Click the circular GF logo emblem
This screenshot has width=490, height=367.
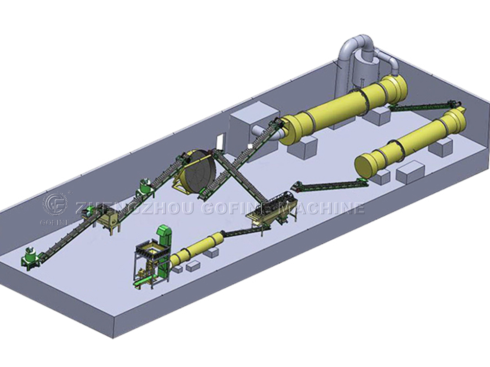pos(55,205)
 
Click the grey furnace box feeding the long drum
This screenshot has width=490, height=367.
pos(248,125)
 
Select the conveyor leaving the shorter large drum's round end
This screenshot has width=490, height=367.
pos(328,185)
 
